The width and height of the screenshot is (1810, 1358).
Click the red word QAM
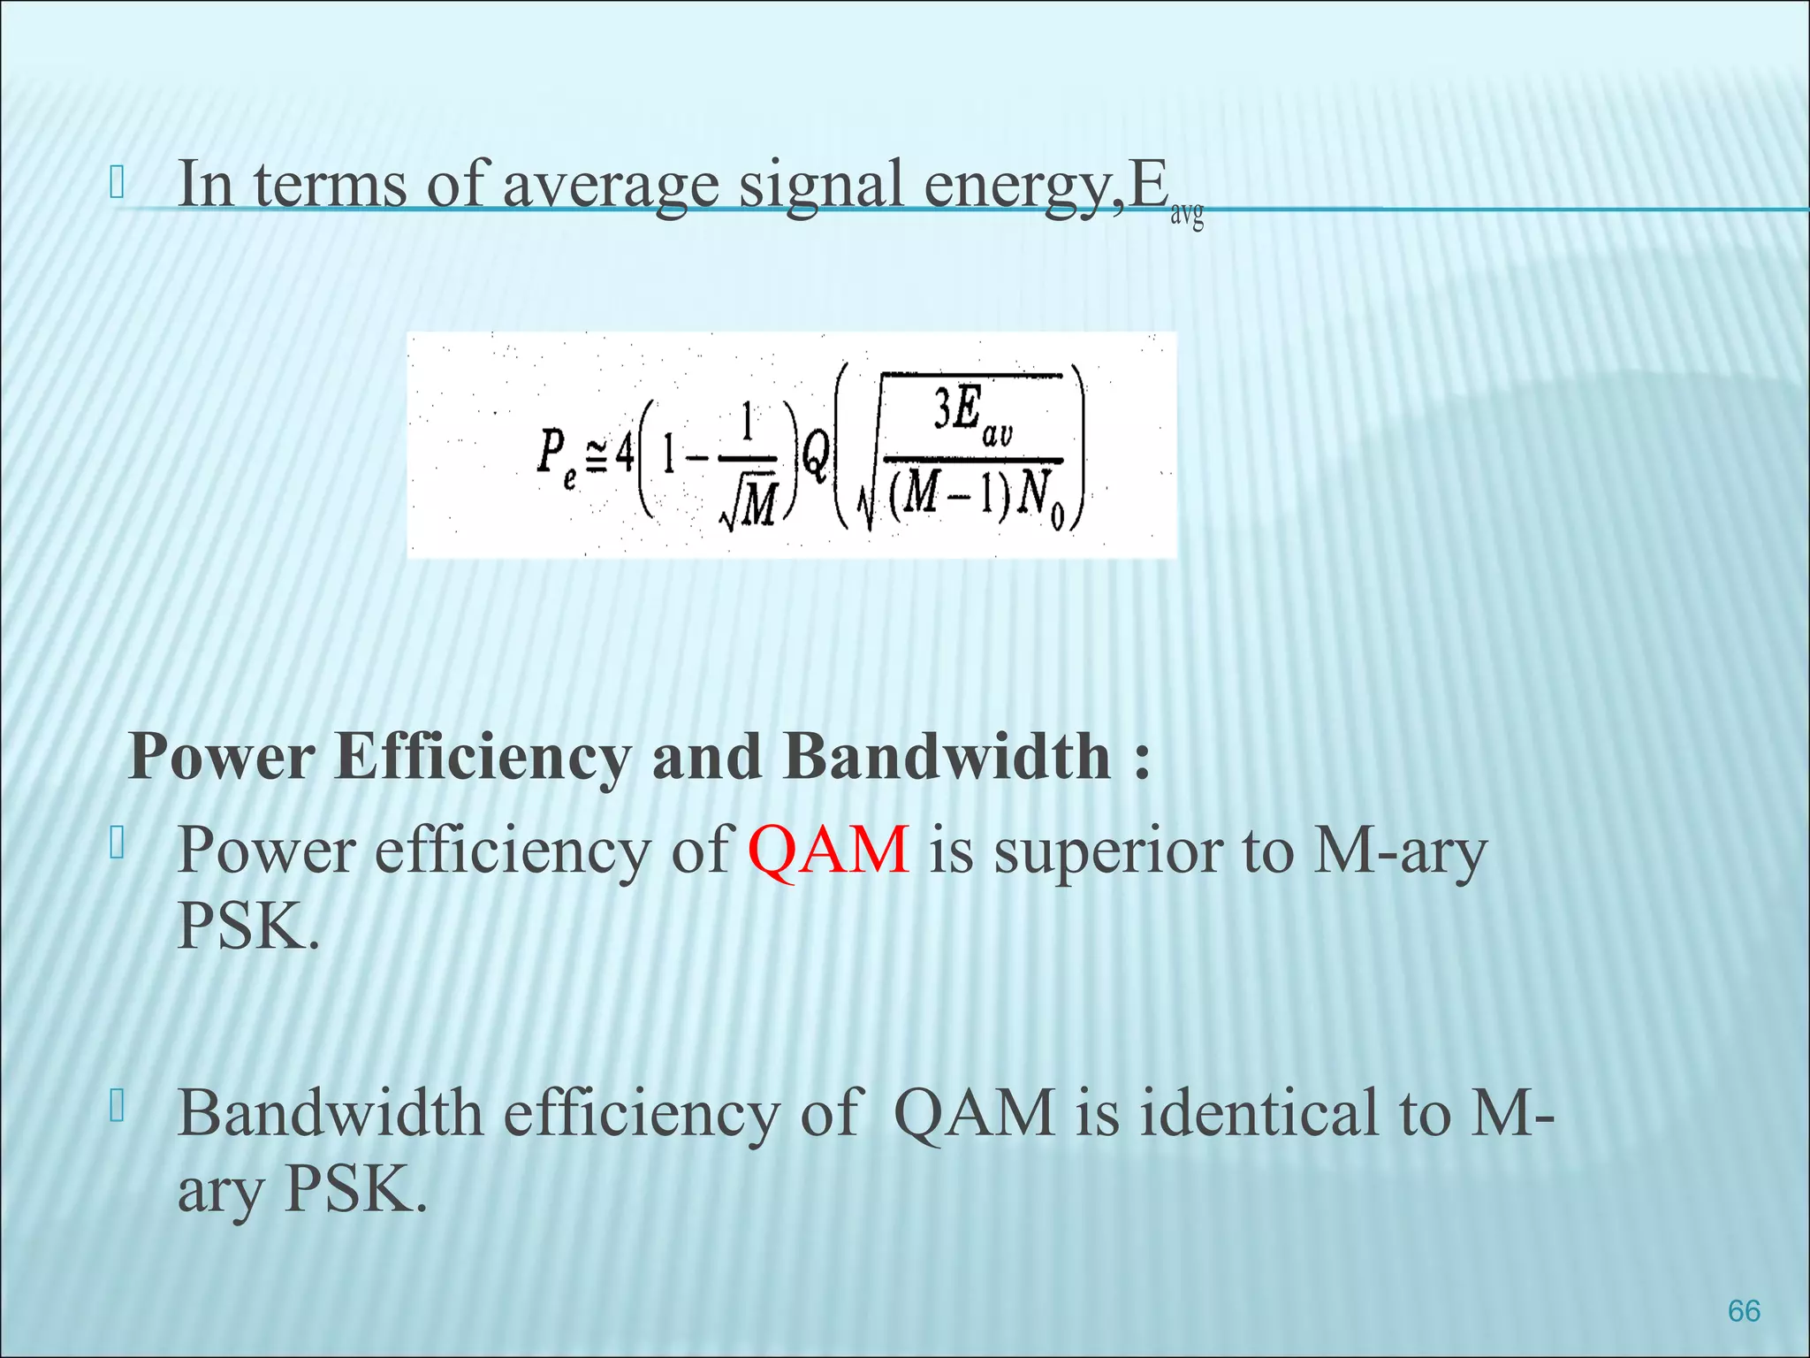[x=828, y=850]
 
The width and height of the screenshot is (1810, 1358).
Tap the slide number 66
[x=1744, y=1310]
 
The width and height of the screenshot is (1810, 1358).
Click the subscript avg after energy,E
[x=1187, y=215]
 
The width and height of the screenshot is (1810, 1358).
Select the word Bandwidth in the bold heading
[x=947, y=758]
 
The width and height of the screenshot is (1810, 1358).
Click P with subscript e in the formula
[x=556, y=454]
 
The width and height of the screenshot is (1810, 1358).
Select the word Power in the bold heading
[x=222, y=758]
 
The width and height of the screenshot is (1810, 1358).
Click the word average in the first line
[x=611, y=185]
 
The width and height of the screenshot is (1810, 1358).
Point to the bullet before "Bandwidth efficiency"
[x=117, y=1107]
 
